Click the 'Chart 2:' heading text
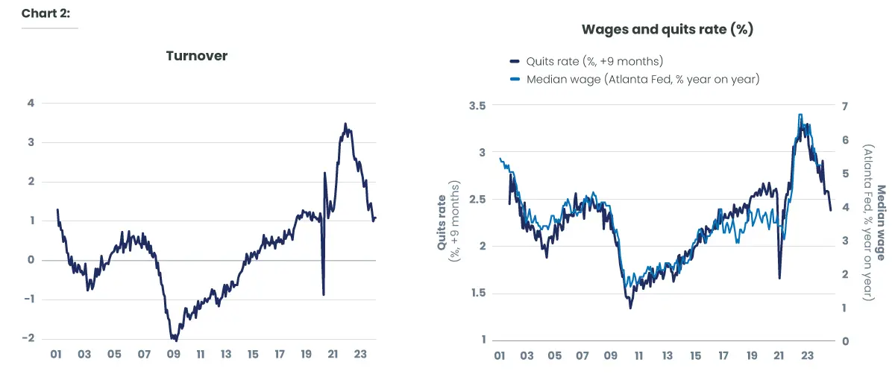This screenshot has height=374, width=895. (45, 13)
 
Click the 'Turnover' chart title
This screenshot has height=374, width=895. (197, 56)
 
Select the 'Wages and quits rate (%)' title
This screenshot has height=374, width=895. (668, 30)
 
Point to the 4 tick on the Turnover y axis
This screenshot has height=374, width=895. (31, 103)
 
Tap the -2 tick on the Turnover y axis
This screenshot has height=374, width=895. (28, 337)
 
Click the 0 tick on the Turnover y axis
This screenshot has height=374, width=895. (31, 259)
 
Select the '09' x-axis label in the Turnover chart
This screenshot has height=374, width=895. (173, 355)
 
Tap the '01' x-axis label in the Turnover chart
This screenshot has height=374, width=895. (55, 355)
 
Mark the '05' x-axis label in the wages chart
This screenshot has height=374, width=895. (556, 355)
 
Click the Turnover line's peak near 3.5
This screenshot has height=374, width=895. (345, 124)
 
